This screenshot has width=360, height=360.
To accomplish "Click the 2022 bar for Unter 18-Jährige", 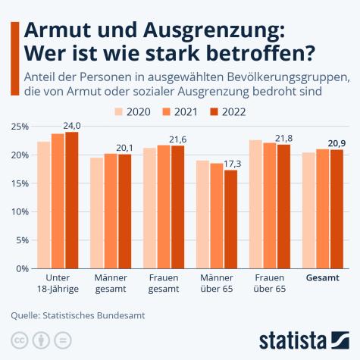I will tap(72, 200).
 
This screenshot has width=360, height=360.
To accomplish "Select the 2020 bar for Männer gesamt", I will tap(97, 213).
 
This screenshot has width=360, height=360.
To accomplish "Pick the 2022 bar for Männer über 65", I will tap(230, 219).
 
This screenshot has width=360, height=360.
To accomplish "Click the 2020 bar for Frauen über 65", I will tap(256, 205).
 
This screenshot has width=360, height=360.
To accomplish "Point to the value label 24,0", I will tap(72, 125).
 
